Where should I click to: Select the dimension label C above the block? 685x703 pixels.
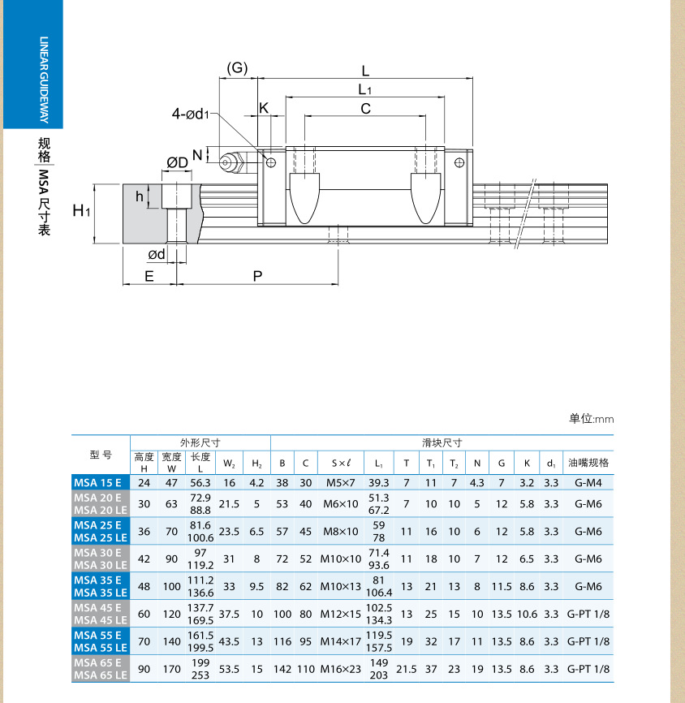coord(365,108)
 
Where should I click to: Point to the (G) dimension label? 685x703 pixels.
coord(237,67)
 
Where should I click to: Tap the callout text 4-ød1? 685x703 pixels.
coord(192,114)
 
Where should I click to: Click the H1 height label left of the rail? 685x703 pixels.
coord(81,211)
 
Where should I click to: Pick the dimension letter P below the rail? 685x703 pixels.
coord(258,276)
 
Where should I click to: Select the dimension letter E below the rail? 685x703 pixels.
coord(149,276)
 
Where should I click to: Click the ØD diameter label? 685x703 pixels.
coord(178,163)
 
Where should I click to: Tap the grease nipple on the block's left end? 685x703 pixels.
coord(232,162)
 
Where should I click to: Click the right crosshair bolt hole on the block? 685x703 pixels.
coord(459,163)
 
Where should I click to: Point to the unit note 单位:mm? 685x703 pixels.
coord(591,419)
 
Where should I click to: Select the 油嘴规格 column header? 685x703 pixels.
coord(588,463)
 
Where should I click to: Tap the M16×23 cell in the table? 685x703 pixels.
coord(340,669)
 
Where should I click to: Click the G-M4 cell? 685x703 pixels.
coord(588,482)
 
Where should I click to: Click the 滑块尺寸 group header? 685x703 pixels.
coord(442,442)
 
